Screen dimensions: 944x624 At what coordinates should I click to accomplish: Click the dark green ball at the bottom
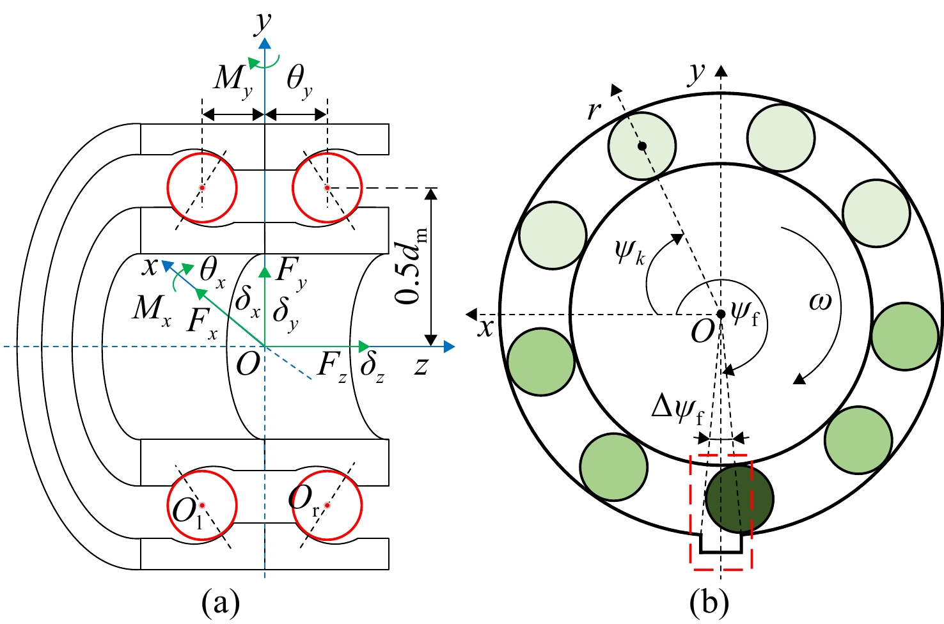[739, 499]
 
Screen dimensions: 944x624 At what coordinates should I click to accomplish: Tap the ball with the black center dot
[642, 146]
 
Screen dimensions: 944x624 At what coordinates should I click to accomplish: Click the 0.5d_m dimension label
[411, 265]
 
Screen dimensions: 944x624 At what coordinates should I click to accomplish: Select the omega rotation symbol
[820, 302]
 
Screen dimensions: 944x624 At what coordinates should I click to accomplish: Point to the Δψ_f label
[678, 410]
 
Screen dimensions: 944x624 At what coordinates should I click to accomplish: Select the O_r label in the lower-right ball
[303, 501]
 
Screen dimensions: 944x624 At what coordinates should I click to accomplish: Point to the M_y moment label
[233, 81]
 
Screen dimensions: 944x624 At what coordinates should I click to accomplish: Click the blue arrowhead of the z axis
[449, 347]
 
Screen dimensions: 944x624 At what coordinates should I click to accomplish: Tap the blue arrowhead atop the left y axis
[265, 43]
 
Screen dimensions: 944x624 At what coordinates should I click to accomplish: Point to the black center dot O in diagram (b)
[721, 314]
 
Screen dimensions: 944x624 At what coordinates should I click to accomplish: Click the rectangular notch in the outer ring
[721, 543]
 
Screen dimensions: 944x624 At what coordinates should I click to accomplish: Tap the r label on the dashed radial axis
[594, 111]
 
